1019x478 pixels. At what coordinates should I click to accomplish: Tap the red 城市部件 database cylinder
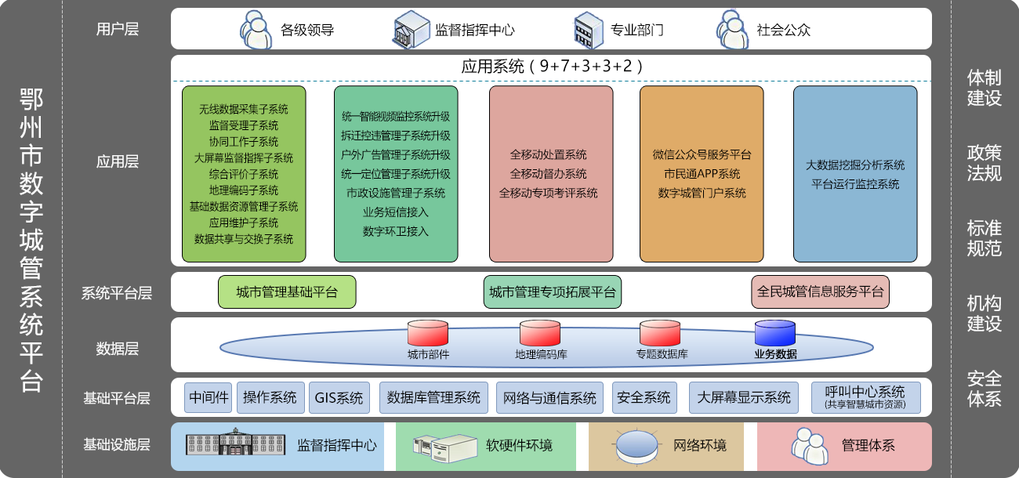[427, 332]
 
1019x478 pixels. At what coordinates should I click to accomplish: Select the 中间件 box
[209, 398]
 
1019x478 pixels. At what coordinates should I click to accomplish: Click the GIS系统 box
[339, 398]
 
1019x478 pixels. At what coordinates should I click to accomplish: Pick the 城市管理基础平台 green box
[287, 292]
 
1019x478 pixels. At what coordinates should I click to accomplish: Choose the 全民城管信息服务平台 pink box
[820, 292]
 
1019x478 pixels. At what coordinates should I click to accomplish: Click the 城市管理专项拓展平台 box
[553, 292]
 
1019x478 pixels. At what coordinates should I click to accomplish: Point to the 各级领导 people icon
[256, 30]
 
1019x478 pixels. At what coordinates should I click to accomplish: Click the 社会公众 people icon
[731, 30]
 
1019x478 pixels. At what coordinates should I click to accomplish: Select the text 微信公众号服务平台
[702, 154]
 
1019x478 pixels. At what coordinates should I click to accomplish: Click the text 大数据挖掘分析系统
[855, 165]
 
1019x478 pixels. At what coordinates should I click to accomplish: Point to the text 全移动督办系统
[548, 174]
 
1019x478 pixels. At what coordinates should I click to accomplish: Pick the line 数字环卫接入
[396, 231]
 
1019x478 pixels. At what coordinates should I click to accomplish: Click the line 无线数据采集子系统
[244, 109]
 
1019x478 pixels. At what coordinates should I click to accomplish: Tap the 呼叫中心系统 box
[865, 397]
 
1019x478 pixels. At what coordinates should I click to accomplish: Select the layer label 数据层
[117, 349]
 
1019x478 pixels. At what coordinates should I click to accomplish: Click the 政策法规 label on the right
[984, 163]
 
